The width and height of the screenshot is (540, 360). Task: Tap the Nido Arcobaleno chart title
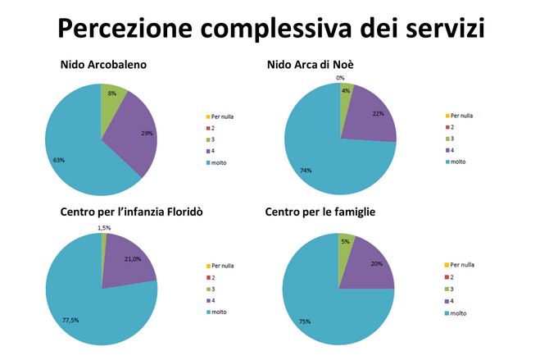[102, 66]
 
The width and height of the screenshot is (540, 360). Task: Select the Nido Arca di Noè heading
[310, 66]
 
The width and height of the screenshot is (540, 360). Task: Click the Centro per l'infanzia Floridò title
[131, 213]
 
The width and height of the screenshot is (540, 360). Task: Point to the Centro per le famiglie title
[320, 213]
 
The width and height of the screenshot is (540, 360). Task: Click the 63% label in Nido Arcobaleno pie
[59, 160]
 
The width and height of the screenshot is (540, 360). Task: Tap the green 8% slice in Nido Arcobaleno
[112, 97]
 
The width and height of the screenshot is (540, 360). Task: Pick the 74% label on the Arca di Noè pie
[305, 171]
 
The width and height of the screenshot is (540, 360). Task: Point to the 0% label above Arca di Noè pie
[339, 78]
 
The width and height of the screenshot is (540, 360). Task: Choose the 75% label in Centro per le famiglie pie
[305, 321]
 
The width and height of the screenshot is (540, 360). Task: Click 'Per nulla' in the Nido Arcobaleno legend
[223, 116]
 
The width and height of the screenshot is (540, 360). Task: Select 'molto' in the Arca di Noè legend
[459, 162]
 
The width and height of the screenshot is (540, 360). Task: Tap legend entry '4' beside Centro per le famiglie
[452, 300]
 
